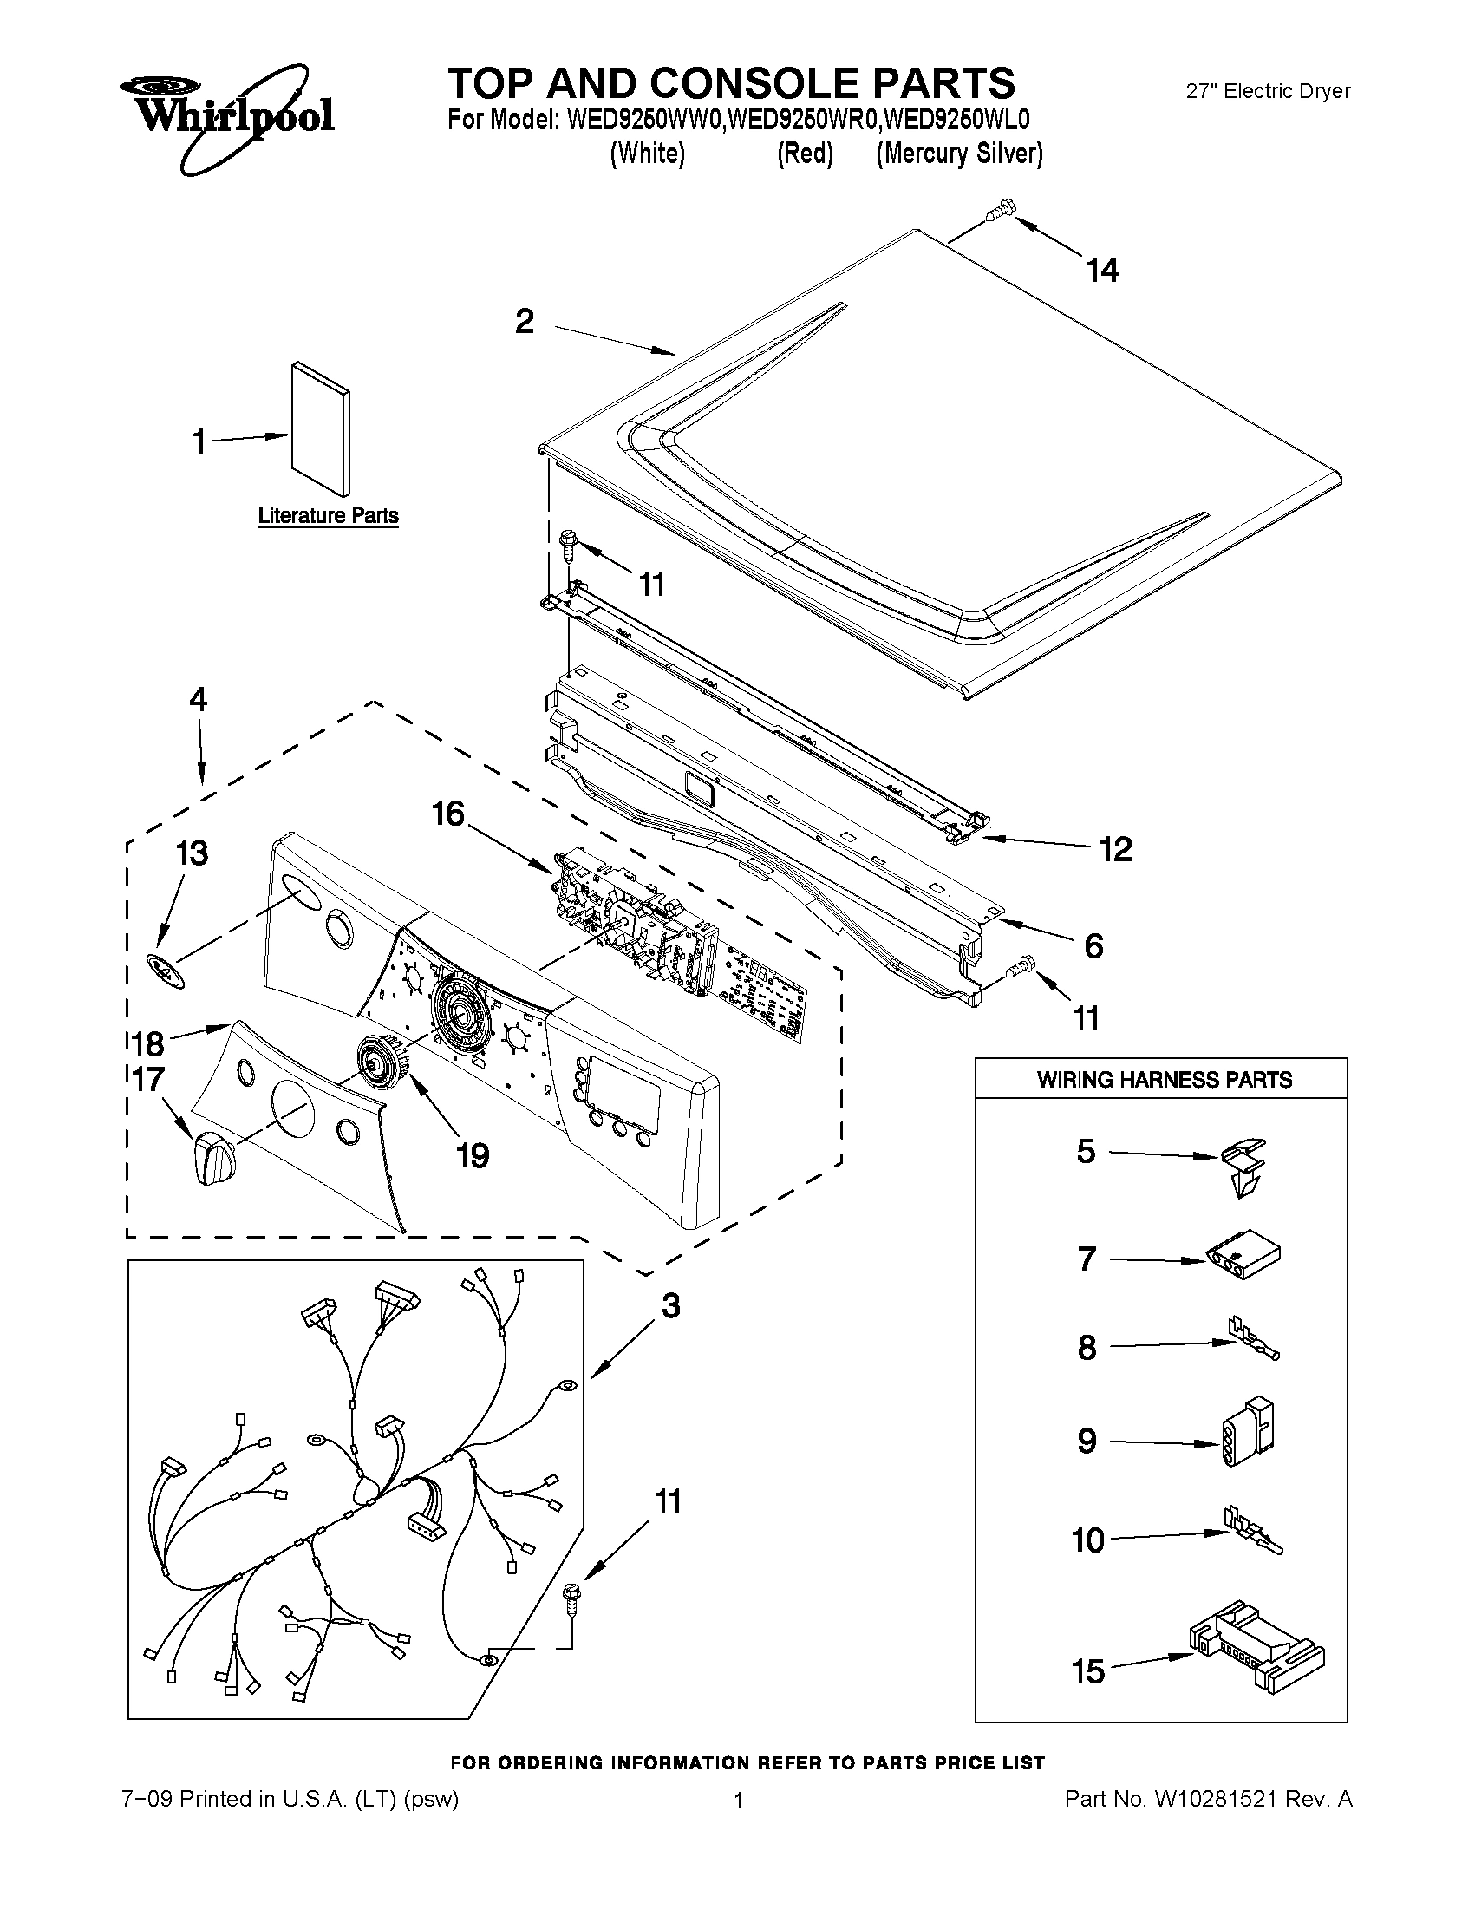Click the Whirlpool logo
point(227,114)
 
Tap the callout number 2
point(525,322)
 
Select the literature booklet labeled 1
point(322,428)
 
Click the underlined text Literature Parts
point(329,516)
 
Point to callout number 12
point(1116,849)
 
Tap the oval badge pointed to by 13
point(165,971)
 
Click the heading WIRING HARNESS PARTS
point(1164,1080)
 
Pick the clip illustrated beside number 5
point(1243,1166)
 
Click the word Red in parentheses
point(805,154)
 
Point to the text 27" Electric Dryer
point(1268,91)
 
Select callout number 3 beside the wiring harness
point(670,1306)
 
